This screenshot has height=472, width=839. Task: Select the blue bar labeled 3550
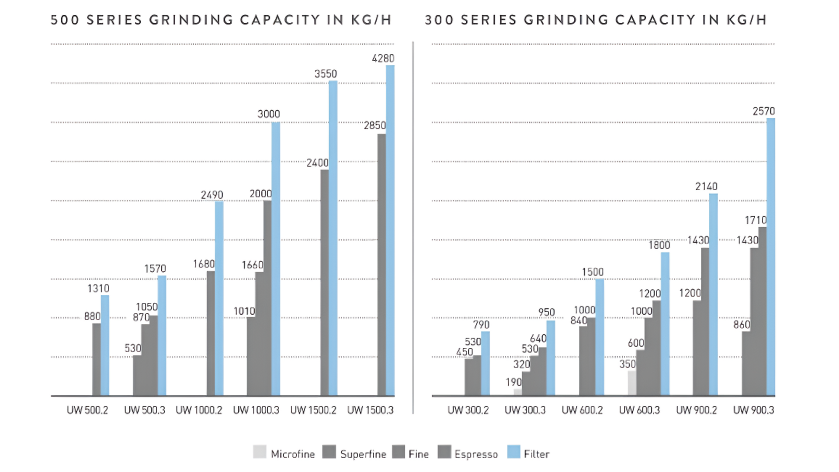(x=333, y=238)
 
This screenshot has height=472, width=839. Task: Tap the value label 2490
(x=212, y=195)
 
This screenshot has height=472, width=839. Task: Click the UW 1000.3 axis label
(x=256, y=410)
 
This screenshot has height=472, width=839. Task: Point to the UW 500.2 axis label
(x=87, y=410)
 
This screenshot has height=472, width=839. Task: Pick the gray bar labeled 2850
(x=382, y=265)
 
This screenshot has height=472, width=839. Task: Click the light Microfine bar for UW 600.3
(x=632, y=383)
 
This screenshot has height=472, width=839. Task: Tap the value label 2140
(x=706, y=187)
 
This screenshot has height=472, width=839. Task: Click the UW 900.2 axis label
(x=697, y=410)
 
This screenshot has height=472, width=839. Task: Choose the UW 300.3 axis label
(x=525, y=410)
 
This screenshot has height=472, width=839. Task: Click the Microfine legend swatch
(x=260, y=452)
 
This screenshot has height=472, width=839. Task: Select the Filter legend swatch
(x=514, y=452)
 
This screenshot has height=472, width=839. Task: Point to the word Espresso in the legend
(x=476, y=455)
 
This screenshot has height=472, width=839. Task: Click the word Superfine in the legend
(x=363, y=455)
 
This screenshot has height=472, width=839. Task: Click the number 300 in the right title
(x=439, y=20)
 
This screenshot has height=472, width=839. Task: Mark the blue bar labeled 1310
(x=105, y=345)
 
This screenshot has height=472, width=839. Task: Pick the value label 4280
(x=383, y=59)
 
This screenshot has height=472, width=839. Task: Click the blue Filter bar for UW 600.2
(x=600, y=337)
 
